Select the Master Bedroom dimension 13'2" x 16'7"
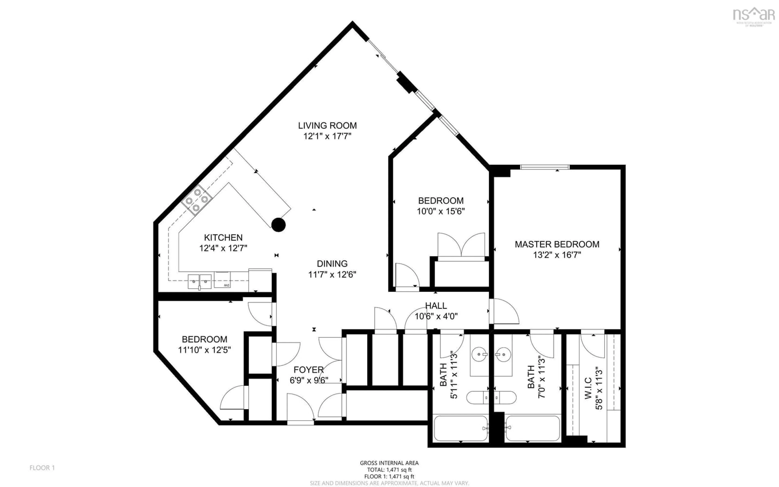click(557, 255)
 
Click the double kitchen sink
click(200, 281)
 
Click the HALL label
click(436, 306)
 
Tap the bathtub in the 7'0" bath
click(533, 428)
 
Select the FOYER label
click(308, 370)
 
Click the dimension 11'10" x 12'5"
click(204, 350)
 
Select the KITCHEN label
click(223, 238)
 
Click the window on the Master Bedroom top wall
click(545, 167)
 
